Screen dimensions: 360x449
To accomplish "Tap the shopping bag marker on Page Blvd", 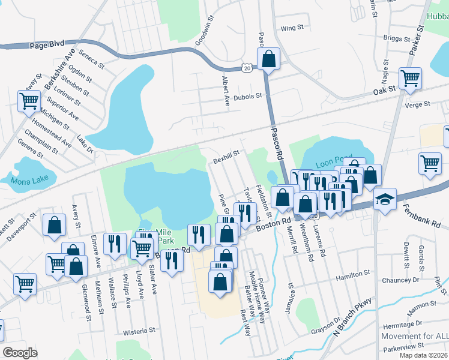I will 268,60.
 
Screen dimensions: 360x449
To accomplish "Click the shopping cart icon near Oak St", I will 410,78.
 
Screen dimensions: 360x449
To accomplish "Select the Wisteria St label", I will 139,330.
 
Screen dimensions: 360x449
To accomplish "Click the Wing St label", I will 292,28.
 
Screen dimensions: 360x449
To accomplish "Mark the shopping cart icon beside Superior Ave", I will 29,101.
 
